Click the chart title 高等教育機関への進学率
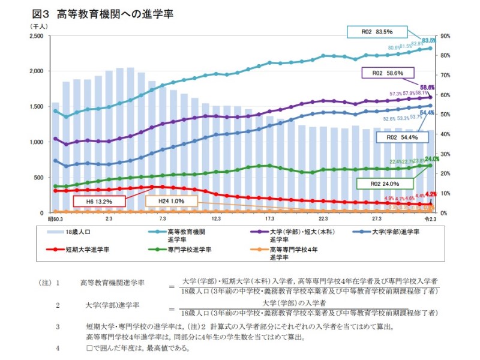coord(114,14)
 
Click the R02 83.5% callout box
coord(377,32)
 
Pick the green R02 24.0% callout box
coord(385,184)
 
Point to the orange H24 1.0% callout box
coord(171,202)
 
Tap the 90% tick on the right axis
coord(446,36)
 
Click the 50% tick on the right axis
coord(446,115)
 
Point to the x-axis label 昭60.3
coord(56,220)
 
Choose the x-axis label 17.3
coord(269,220)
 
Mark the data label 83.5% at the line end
coord(428,40)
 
